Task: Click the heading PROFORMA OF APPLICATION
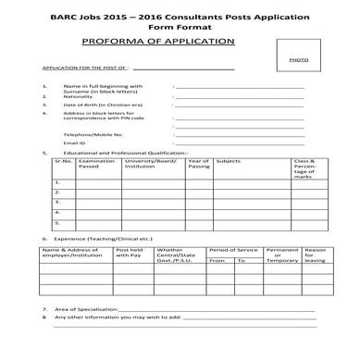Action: pos(153,43)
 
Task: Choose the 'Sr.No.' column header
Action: pos(62,161)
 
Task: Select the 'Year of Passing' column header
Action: pos(198,164)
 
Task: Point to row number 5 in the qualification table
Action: pos(57,223)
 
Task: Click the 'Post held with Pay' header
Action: pos(129,253)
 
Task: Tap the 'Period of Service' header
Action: pos(233,250)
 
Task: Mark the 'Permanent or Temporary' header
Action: pos(281,255)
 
